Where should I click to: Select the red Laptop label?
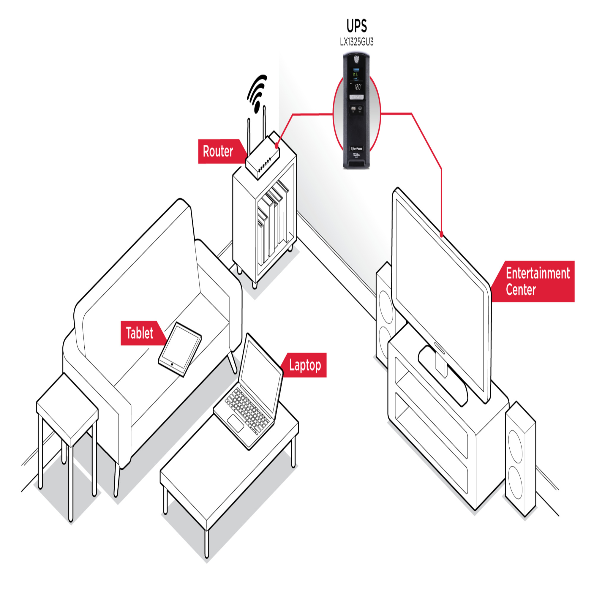tap(305, 365)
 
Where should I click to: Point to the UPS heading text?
tap(357, 26)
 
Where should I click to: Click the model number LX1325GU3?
tap(357, 42)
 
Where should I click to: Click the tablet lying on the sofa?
tap(180, 349)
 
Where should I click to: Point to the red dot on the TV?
tap(442, 235)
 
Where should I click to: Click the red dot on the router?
tap(277, 145)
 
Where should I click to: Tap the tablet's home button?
tap(172, 365)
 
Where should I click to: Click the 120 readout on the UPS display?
tap(357, 87)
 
